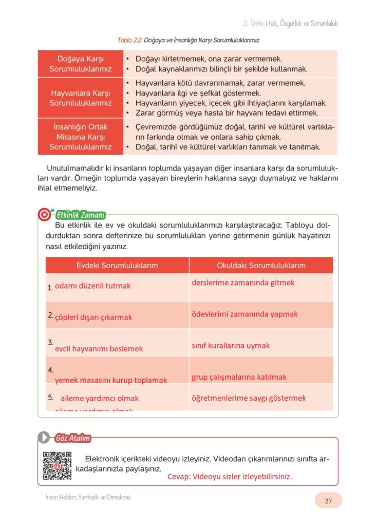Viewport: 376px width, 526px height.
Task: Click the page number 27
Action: click(328, 501)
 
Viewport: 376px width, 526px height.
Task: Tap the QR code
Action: click(57, 466)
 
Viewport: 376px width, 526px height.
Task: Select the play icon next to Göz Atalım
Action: click(45, 438)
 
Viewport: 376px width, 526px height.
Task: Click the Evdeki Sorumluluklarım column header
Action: click(117, 266)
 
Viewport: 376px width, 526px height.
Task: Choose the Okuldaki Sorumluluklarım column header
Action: click(261, 266)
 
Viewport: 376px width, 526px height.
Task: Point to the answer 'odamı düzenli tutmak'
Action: click(93, 286)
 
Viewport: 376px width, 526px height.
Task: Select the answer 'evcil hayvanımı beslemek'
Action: click(99, 349)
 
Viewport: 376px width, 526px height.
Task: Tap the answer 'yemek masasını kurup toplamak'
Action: click(111, 380)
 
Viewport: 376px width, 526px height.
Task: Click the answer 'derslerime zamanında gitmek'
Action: click(243, 283)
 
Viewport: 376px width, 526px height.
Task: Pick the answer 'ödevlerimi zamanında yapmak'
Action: click(245, 314)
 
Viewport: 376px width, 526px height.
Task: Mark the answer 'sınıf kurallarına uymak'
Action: click(231, 346)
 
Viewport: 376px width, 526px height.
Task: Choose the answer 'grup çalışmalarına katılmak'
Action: click(239, 377)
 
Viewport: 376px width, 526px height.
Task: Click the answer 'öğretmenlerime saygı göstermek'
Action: click(249, 398)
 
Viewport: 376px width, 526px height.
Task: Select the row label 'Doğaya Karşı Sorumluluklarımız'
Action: click(81, 64)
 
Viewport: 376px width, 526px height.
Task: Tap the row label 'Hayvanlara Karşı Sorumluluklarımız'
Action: click(81, 98)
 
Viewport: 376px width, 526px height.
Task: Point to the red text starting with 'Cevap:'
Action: click(230, 477)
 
